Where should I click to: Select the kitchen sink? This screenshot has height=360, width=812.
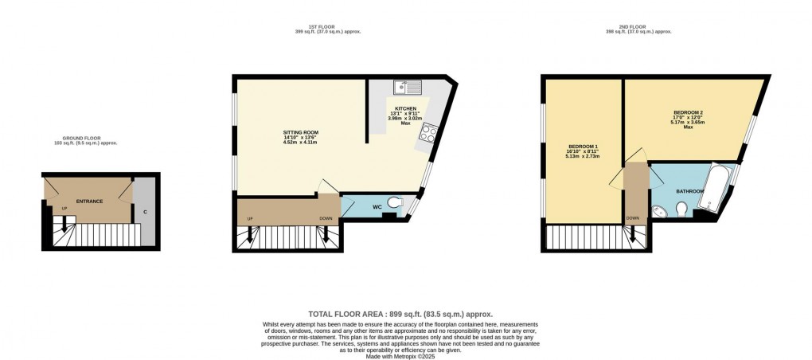[x=410, y=87]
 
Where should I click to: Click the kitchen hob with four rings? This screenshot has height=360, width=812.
[x=428, y=134]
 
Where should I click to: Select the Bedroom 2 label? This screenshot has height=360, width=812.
[x=688, y=112]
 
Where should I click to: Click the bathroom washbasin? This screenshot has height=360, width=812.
[x=660, y=210]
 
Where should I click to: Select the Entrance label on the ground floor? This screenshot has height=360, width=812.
[x=89, y=202]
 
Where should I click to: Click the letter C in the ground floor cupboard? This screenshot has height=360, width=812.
[x=145, y=212]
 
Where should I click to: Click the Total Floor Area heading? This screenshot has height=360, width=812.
[x=406, y=315]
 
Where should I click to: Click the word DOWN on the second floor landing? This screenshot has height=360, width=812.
[x=633, y=218]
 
